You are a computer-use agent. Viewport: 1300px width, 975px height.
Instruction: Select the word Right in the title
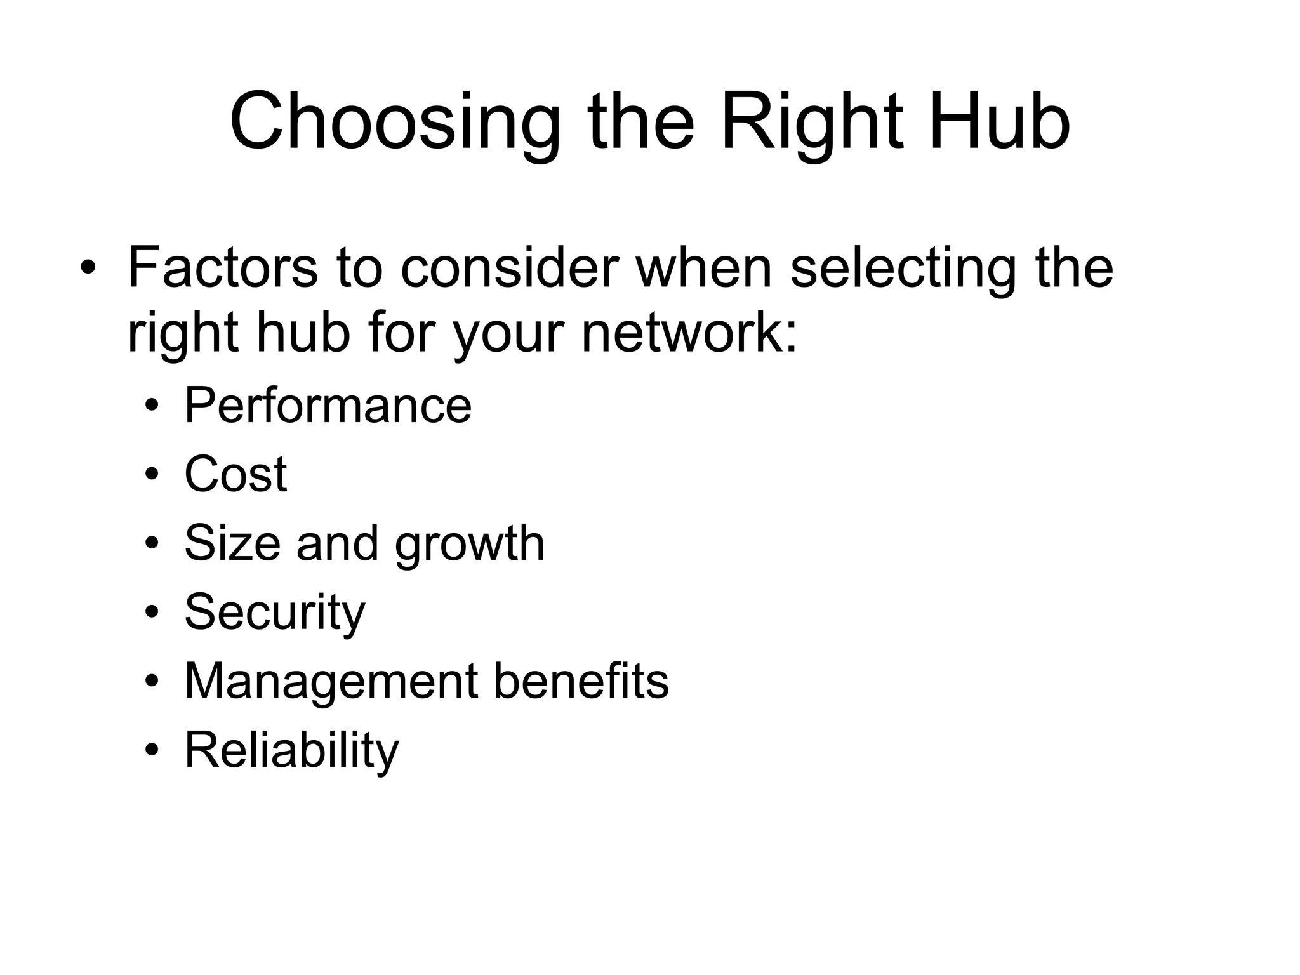[x=812, y=122]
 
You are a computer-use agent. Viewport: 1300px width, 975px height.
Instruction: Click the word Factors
[x=222, y=267]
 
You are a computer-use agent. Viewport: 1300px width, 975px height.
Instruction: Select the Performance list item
[x=328, y=405]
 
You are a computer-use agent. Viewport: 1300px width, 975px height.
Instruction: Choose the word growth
[x=470, y=545]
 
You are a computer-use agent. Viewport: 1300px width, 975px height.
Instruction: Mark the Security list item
[x=275, y=613]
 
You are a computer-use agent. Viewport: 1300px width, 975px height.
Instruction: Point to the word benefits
[x=581, y=681]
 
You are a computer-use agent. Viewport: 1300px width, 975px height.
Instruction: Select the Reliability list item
[x=291, y=751]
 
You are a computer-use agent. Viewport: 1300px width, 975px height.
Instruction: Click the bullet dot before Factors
[x=87, y=268]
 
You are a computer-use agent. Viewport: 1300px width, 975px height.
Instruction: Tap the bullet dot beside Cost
[x=151, y=475]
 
